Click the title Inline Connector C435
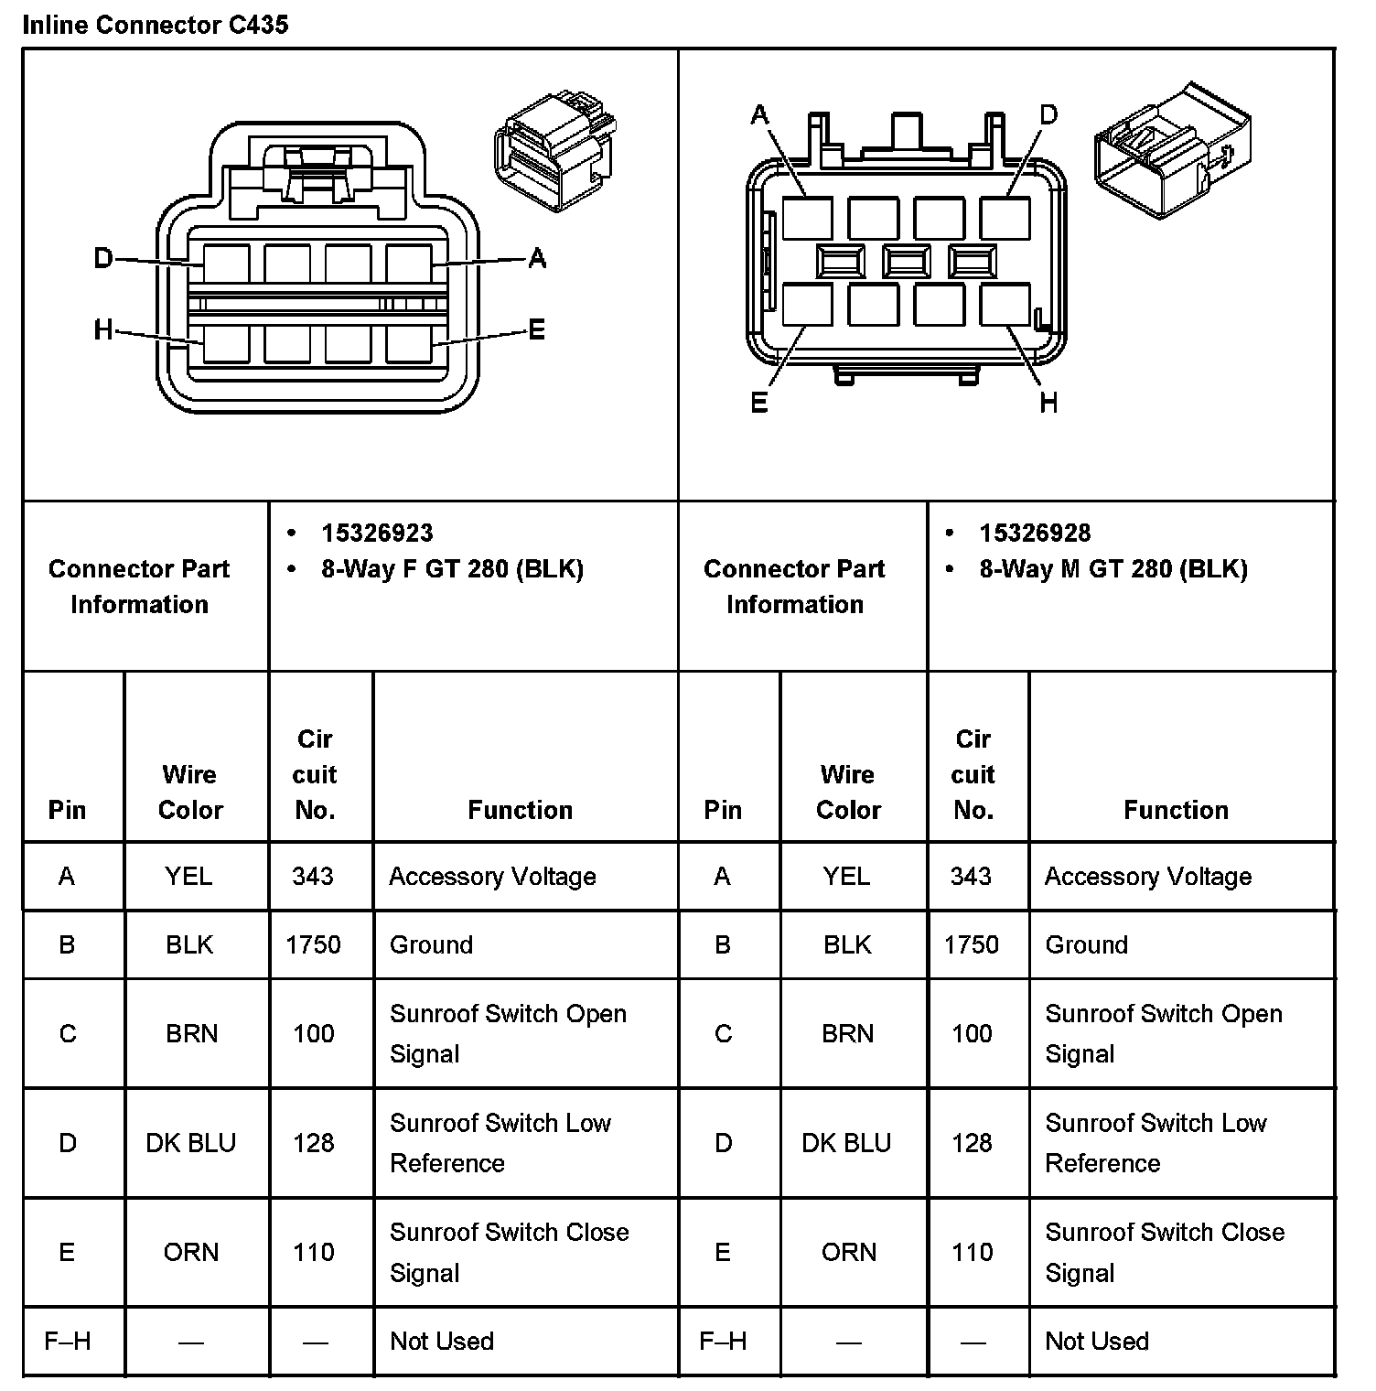click(155, 25)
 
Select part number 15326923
click(377, 533)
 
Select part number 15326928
click(1035, 533)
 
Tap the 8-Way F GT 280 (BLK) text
click(452, 569)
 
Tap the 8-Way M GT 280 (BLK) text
click(1113, 569)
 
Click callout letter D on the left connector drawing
click(103, 259)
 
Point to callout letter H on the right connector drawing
click(1048, 402)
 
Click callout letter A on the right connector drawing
click(759, 115)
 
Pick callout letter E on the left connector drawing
click(537, 329)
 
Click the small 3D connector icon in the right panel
click(1172, 151)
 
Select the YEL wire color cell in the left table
click(188, 877)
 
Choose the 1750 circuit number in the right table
click(972, 944)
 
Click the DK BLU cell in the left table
click(190, 1143)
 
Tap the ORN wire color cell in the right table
click(848, 1252)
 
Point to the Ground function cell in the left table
click(431, 944)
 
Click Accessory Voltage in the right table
click(1147, 877)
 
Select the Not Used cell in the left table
click(441, 1341)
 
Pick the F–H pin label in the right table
click(723, 1341)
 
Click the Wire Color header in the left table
click(190, 792)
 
